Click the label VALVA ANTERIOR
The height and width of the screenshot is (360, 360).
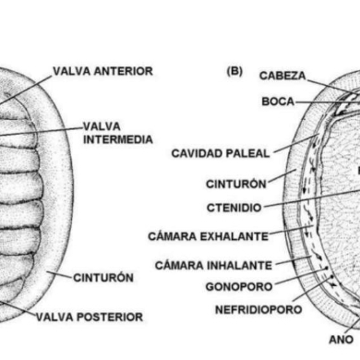pyautogui.click(x=102, y=71)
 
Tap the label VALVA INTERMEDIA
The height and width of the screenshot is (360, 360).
pyautogui.click(x=115, y=133)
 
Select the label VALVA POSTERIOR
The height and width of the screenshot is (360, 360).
pyautogui.click(x=90, y=317)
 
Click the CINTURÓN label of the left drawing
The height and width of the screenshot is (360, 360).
pyautogui.click(x=103, y=276)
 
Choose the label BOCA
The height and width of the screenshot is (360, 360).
pyautogui.click(x=278, y=101)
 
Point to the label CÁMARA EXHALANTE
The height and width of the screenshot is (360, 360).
pyautogui.click(x=209, y=235)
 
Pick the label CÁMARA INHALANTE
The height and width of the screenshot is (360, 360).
pyautogui.click(x=213, y=265)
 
